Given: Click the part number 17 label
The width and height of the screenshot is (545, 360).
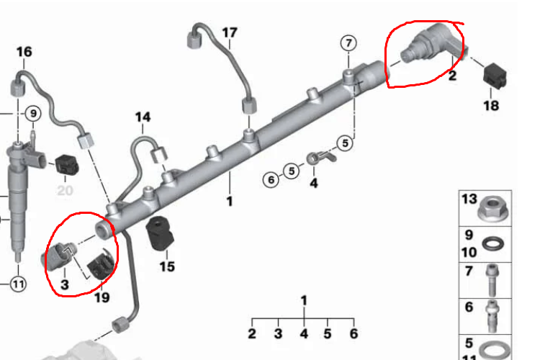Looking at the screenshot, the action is coord(230,32).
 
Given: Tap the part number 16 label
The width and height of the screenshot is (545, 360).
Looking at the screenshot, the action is coord(24,52).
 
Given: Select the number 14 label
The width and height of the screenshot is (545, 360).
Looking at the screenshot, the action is coord(143,117).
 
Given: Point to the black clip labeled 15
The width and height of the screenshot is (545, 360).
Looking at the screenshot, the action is coord(160,233).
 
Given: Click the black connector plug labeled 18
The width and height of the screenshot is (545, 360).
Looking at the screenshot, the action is coord(495,76).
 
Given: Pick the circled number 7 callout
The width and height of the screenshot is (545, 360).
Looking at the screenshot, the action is coord(348,43).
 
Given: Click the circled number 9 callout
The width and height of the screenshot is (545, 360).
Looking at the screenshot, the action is coord(33,114).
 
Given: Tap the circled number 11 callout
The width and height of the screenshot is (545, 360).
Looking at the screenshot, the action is coord(19,284).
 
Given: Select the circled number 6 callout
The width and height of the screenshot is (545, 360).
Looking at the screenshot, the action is coord(271,180).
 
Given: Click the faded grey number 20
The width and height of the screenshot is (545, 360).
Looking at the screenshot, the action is coord(65,190).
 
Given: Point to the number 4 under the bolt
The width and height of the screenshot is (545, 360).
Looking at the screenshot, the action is coord(313,183).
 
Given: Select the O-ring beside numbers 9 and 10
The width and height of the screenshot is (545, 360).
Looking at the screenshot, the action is coord(494,244).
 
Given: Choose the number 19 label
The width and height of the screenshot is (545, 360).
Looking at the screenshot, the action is coord(102,297).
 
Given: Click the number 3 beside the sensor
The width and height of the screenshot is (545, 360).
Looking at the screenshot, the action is coord(65,284).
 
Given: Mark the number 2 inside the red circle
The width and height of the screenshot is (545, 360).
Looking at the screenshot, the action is coord(452,76).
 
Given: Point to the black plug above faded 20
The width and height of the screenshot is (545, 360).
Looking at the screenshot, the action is coord(67,165).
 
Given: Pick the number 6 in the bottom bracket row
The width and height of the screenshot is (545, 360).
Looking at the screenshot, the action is coord(353,333).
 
